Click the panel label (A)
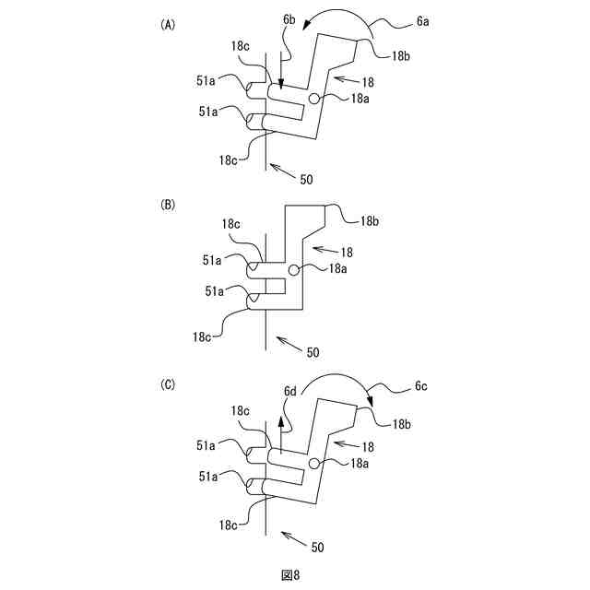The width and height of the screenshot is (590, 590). pos(168,26)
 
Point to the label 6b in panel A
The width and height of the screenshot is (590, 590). pos(289,44)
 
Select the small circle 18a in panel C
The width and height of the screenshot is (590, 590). pos(315,463)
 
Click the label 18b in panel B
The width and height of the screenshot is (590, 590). pos(370,221)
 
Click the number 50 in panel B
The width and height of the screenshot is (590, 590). pos(313,351)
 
